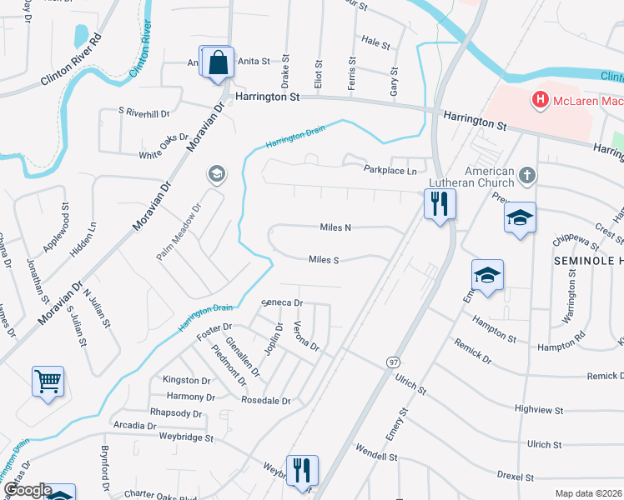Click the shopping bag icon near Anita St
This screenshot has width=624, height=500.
[x=217, y=62]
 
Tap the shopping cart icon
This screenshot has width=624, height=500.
[x=48, y=382]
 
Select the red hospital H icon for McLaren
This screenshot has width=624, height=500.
[x=540, y=101]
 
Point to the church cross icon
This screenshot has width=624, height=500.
[x=526, y=175]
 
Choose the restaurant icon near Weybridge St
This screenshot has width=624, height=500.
[x=301, y=469]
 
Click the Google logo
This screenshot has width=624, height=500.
[x=27, y=490]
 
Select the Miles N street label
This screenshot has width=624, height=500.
[x=335, y=227]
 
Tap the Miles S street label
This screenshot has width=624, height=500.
[x=324, y=260]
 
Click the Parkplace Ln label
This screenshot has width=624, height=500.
[x=390, y=170]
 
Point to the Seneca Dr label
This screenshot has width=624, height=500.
[x=281, y=302]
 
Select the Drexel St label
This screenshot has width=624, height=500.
[x=515, y=477]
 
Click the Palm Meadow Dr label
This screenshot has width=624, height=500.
[x=179, y=232]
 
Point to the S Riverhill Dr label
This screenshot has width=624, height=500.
[x=143, y=112]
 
